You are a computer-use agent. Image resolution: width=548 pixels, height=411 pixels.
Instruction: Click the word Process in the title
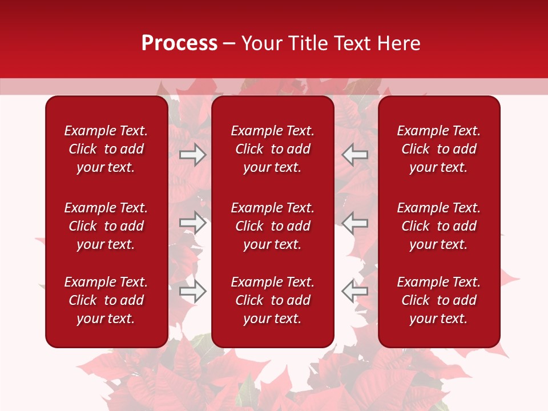click(179, 43)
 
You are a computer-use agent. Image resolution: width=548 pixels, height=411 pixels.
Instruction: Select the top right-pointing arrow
click(193, 155)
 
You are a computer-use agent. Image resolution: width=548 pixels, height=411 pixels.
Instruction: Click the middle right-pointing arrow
click(193, 223)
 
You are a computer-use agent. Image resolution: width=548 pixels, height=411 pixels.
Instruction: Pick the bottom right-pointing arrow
click(193, 291)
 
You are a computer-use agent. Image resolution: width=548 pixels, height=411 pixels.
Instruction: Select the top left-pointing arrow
click(354, 155)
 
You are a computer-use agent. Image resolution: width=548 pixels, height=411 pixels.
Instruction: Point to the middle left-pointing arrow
click(354, 223)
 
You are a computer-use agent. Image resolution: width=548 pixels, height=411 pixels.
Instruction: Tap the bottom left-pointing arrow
click(354, 291)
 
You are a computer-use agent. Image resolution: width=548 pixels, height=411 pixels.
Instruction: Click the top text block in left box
click(106, 149)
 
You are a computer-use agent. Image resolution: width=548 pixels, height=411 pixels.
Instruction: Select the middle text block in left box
click(106, 226)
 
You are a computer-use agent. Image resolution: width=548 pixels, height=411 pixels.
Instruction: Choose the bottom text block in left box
click(106, 300)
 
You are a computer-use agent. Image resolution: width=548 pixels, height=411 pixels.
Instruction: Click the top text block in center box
click(273, 149)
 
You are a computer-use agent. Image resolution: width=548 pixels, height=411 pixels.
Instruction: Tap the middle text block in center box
click(273, 226)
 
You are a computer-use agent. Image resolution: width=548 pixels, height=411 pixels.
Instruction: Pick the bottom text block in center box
click(273, 300)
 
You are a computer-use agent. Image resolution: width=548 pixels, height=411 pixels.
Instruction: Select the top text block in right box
click(439, 149)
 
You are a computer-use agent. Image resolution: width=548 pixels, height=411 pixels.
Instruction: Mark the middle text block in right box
click(439, 226)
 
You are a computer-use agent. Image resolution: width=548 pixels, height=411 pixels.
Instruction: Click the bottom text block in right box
click(439, 300)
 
